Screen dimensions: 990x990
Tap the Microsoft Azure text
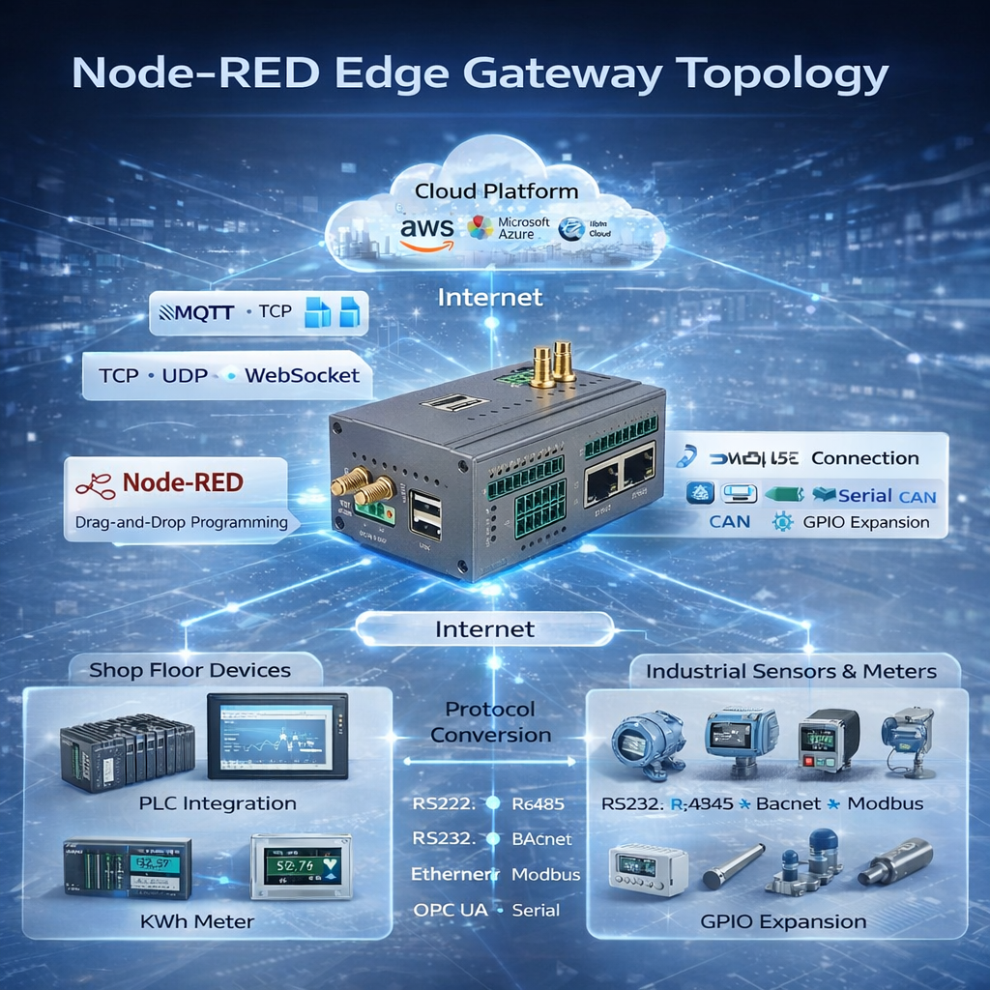523,229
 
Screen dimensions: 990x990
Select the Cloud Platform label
496,191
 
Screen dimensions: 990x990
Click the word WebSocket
302,375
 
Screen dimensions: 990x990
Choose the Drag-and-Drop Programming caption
181,523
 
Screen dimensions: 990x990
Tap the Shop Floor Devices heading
189,670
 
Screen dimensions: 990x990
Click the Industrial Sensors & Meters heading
791,671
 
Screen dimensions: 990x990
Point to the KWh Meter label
196,921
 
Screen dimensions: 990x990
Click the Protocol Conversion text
490,722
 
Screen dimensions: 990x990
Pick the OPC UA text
446,910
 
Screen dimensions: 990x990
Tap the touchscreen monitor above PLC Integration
277,737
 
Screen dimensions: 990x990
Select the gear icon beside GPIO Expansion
783,522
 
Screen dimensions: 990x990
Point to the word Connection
864,458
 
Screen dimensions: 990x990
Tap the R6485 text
538,803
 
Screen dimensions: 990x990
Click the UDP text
185,375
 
